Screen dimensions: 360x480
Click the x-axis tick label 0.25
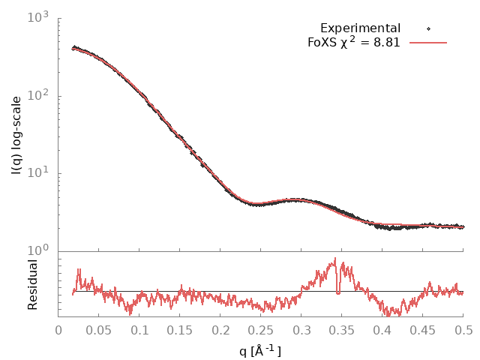(261, 330)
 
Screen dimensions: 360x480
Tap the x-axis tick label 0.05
(99, 330)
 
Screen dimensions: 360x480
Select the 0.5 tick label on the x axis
(463, 330)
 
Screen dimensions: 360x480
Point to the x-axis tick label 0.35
(342, 330)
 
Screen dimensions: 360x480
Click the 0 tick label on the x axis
(58, 330)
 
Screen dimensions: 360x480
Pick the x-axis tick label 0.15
(180, 330)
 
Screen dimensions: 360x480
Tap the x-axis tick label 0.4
(382, 330)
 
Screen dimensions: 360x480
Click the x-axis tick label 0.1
(139, 330)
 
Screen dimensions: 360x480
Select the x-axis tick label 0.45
(423, 330)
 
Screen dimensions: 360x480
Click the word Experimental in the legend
(360, 28)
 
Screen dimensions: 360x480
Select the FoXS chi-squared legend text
(353, 42)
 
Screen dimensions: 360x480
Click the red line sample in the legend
(428, 43)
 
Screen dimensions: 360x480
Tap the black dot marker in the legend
(428, 29)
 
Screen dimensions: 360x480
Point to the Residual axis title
(32, 284)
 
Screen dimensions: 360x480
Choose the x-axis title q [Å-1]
(260, 349)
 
